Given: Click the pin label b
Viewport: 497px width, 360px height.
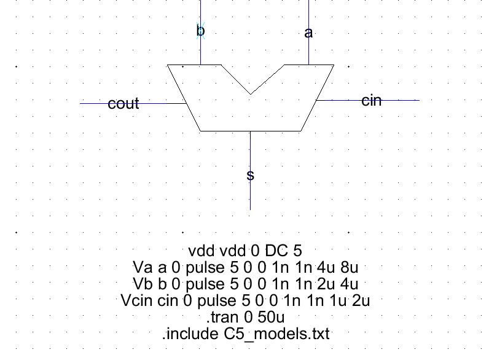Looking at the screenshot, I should [x=200, y=31].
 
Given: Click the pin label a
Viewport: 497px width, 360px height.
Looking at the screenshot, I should [x=309, y=33].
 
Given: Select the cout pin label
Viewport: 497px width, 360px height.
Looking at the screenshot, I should [x=123, y=104].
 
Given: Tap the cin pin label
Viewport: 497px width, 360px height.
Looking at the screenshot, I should [x=371, y=100].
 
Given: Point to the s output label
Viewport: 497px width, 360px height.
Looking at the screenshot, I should [x=250, y=176].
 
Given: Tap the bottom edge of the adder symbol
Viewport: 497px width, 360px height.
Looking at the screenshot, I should [x=250, y=131].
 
